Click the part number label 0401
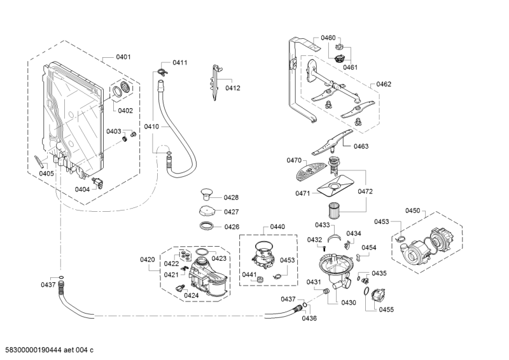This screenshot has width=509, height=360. point(123,57)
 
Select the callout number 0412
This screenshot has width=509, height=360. point(232,88)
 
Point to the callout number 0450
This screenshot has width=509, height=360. point(413,211)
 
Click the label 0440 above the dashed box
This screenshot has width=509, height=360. point(277,226)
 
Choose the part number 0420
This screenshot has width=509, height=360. point(147,260)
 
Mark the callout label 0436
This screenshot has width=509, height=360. point(309,318)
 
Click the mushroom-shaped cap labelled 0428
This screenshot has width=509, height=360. point(207,193)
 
